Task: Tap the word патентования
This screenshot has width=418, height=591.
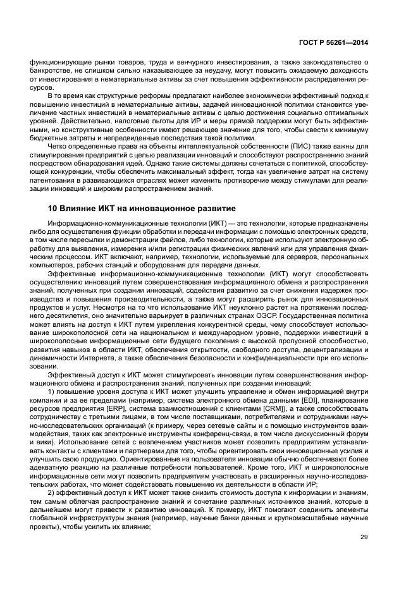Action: [x=52, y=181]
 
